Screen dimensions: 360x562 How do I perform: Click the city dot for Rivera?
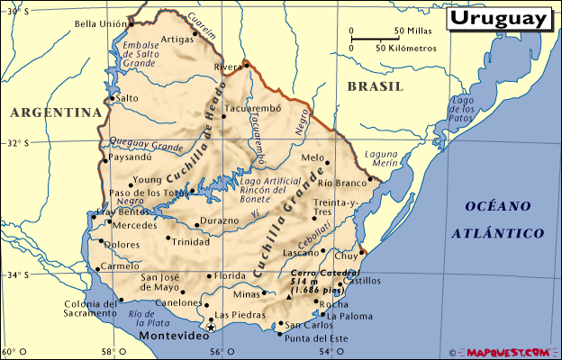244,66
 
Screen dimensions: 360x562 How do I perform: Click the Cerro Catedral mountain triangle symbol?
290,296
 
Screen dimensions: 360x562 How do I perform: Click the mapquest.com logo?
509,352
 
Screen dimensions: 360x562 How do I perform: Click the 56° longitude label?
216,353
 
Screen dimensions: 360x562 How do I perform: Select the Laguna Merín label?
381,159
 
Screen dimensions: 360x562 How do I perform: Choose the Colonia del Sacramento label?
91,310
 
